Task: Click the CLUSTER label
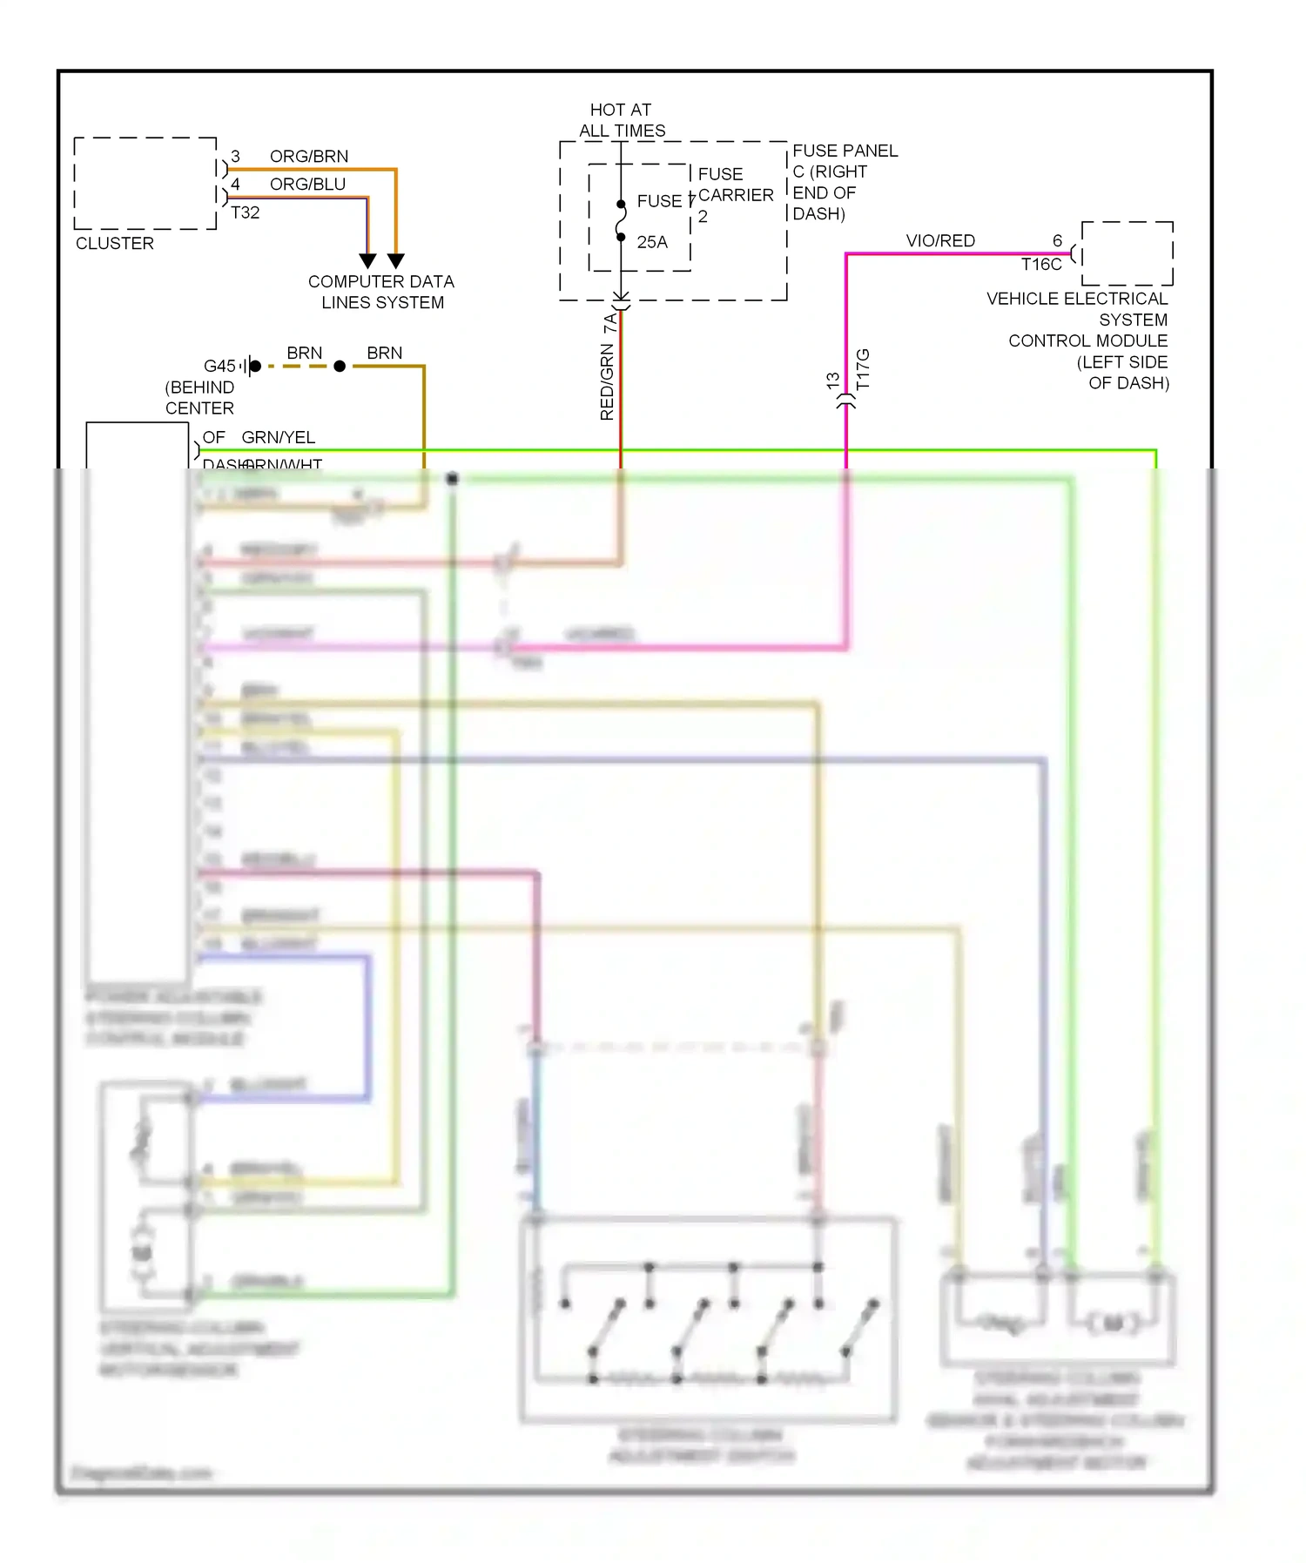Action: (114, 244)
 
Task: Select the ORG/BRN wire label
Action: (308, 157)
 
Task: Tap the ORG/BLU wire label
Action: (307, 185)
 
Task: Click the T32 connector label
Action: (246, 212)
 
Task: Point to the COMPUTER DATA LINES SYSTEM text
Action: (381, 293)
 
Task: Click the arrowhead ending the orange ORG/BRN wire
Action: (395, 260)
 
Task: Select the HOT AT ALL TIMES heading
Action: (621, 120)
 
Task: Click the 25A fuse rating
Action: (652, 242)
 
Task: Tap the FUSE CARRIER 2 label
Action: (734, 195)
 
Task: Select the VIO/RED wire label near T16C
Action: (940, 241)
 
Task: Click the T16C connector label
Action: (1041, 265)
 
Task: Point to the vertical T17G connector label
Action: (863, 370)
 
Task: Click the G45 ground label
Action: (219, 367)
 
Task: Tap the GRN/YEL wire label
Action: (278, 437)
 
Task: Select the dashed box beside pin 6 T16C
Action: (1127, 253)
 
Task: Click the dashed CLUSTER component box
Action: (145, 184)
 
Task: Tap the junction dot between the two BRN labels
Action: (340, 367)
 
